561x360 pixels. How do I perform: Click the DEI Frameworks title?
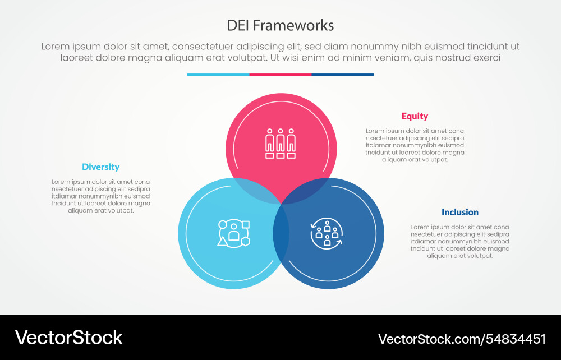click(280, 25)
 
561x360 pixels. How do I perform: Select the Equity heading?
click(415, 116)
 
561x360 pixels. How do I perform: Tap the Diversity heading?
click(100, 167)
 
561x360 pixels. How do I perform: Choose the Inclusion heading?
click(459, 212)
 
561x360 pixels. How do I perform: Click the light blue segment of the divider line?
click(218, 74)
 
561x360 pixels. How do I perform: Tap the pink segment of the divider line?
click(280, 74)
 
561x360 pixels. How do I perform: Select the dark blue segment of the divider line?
click(342, 74)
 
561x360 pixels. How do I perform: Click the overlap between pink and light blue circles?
click(255, 190)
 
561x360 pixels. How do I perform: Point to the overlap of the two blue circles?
click(281, 236)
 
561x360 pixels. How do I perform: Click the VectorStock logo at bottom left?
click(68, 337)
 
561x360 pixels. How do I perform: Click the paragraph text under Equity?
click(415, 145)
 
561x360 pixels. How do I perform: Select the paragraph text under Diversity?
click(100, 196)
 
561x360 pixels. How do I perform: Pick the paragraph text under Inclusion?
click(459, 241)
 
